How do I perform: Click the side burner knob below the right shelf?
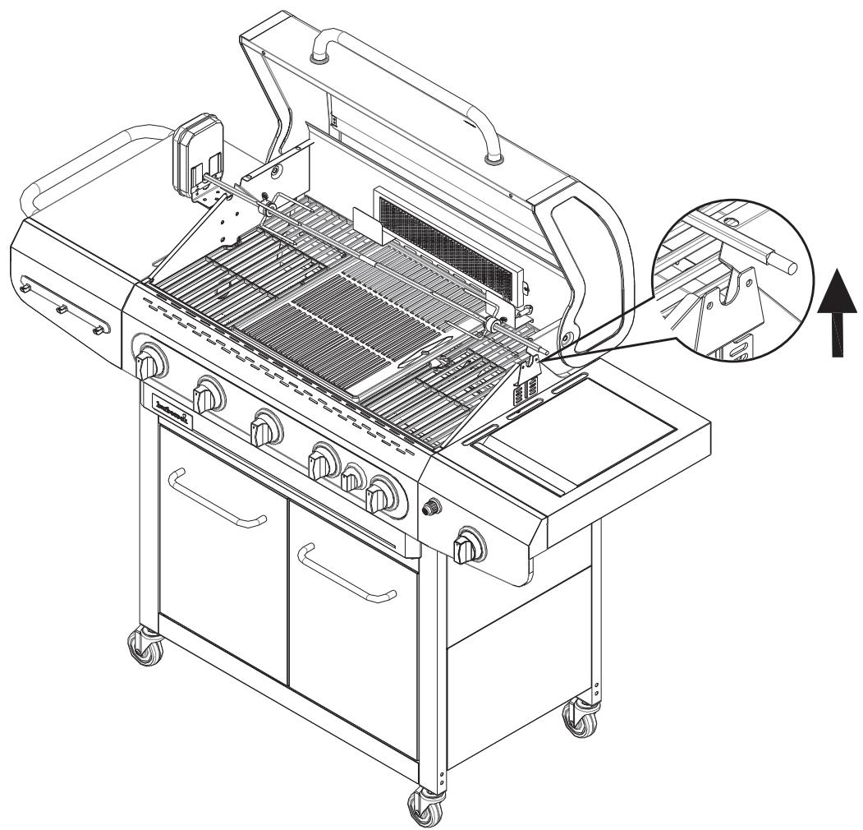pyautogui.click(x=468, y=545)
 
